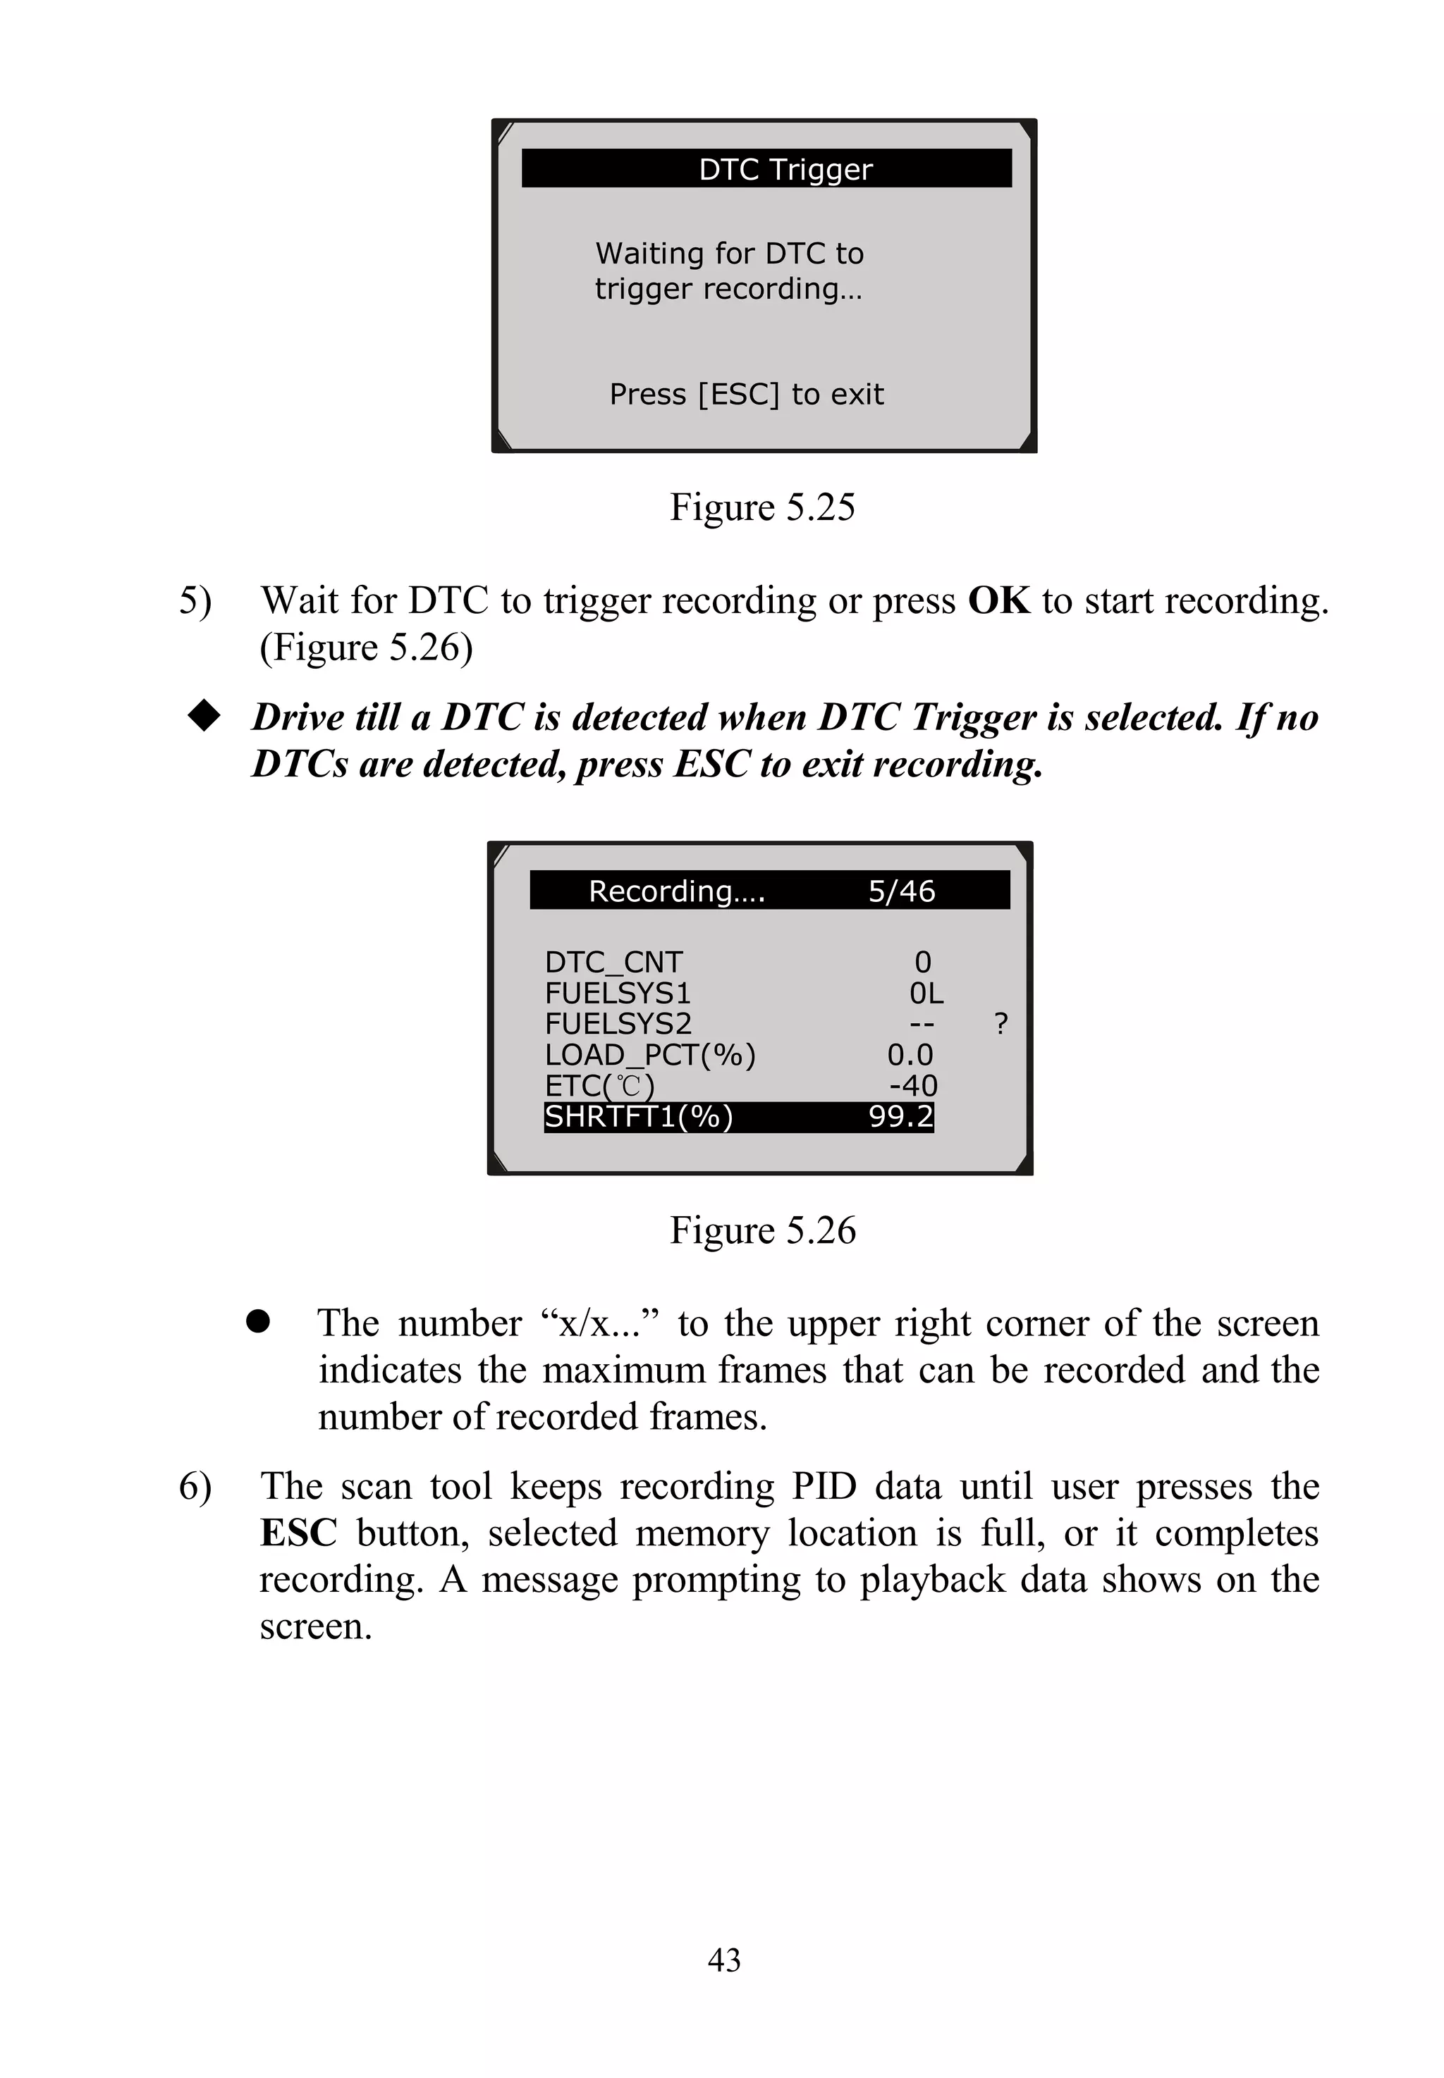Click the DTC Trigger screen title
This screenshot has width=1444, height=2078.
[785, 169]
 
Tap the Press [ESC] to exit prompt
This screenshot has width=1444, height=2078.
[747, 395]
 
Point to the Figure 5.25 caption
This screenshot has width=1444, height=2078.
[761, 507]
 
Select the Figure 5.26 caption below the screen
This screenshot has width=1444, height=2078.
[761, 1231]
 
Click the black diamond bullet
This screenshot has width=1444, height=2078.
[204, 716]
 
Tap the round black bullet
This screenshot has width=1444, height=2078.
[258, 1322]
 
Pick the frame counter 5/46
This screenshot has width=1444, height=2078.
[901, 891]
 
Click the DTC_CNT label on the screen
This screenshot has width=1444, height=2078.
[613, 962]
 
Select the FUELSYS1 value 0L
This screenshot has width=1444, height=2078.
[926, 993]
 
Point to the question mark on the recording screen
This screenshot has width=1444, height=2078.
[1001, 1024]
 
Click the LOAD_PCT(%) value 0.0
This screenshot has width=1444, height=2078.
[910, 1054]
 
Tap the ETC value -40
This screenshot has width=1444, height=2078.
[913, 1085]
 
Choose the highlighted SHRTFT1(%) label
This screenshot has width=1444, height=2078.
[639, 1117]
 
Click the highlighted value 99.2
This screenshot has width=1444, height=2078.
[900, 1117]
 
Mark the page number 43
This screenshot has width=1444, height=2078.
[724, 1960]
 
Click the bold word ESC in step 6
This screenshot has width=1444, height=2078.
[298, 1533]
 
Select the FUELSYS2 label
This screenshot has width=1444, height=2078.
[618, 1024]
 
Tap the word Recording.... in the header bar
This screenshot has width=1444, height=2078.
[677, 891]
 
